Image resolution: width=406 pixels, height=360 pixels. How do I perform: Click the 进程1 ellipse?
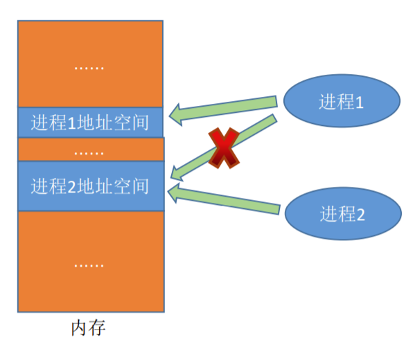[x=340, y=102]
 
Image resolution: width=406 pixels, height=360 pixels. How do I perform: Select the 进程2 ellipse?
[x=342, y=214]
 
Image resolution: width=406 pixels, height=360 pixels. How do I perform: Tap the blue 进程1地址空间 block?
[x=90, y=123]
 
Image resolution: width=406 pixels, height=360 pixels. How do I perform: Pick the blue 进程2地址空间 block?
[x=90, y=186]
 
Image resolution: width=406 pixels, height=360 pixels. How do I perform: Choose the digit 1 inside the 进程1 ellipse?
[x=360, y=102]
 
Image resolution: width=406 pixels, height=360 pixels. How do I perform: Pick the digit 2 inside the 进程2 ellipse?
[x=360, y=215]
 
